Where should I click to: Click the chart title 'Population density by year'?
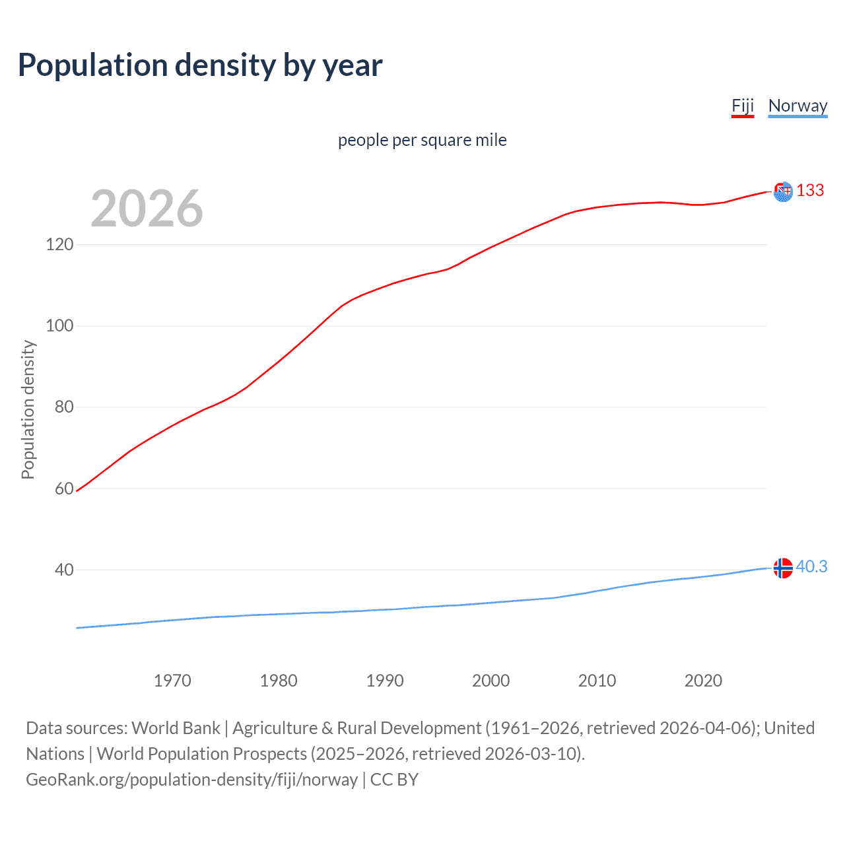(x=200, y=65)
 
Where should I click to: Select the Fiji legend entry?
(x=743, y=106)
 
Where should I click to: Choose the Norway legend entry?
(x=797, y=106)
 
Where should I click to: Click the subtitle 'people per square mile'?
(x=422, y=140)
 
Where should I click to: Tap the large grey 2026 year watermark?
(x=147, y=209)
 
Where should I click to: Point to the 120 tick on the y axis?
(x=59, y=245)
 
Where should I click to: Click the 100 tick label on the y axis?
(x=59, y=326)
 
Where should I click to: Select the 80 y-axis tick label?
(x=64, y=407)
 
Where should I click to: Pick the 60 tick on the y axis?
(x=64, y=489)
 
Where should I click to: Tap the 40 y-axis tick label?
(x=64, y=570)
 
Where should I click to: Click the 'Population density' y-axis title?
(x=28, y=409)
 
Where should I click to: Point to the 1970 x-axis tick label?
(x=172, y=681)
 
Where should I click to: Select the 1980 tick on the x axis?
(x=279, y=681)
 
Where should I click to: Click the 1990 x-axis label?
(x=385, y=681)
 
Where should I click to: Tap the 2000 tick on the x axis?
(x=491, y=681)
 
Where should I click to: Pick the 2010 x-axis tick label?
(x=597, y=681)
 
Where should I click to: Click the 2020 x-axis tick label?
(x=703, y=681)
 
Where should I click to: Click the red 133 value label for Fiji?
(x=810, y=191)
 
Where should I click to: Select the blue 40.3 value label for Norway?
(x=811, y=567)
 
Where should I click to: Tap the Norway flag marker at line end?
(x=783, y=568)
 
